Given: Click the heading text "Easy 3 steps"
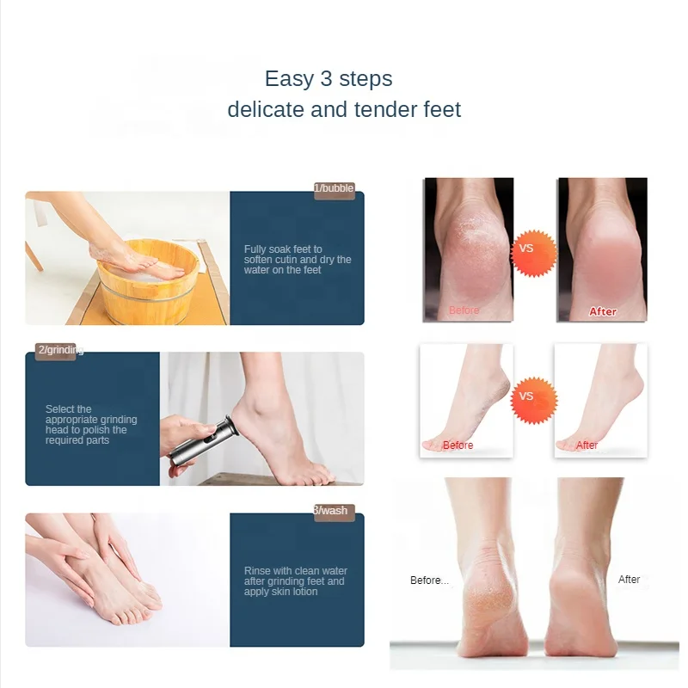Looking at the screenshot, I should click(x=329, y=79).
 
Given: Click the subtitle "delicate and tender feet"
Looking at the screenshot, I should click(x=344, y=110).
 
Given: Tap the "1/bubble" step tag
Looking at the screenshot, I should click(x=335, y=189).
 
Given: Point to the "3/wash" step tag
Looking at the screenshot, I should click(x=333, y=512).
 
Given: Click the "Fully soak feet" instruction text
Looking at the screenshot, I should click(x=298, y=260).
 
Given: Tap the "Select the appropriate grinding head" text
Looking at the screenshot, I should click(x=91, y=425).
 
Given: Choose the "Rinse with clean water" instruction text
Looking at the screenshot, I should click(x=296, y=581).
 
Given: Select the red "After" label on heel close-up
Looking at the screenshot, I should click(x=603, y=311).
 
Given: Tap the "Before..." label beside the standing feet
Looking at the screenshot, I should click(x=429, y=580).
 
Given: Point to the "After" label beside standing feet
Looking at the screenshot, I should click(x=629, y=580).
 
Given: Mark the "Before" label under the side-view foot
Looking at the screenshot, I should click(x=458, y=445).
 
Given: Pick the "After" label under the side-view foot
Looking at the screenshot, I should click(x=587, y=445).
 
